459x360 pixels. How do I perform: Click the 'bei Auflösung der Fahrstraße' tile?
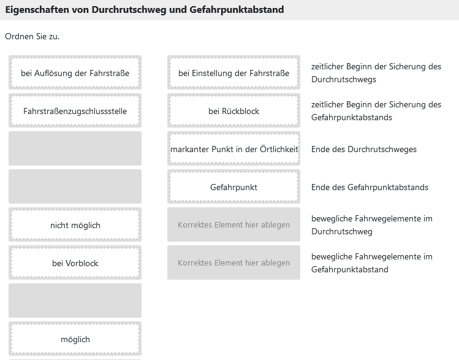(75, 72)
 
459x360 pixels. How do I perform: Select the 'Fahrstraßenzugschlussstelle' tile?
(75, 111)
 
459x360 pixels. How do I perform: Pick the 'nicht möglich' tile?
(75, 225)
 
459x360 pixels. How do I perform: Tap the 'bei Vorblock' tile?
(75, 263)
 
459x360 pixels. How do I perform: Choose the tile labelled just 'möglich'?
(75, 339)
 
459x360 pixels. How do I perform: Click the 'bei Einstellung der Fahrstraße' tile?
(233, 72)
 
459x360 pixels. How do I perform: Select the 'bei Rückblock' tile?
(233, 111)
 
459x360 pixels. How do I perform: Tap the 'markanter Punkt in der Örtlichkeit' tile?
(233, 149)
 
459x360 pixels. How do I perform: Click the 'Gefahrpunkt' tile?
(233, 187)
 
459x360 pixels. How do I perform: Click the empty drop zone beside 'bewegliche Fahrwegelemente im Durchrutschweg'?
(233, 224)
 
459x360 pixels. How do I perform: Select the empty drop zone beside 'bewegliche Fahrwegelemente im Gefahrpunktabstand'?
(233, 262)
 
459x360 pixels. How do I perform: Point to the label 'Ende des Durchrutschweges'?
(364, 149)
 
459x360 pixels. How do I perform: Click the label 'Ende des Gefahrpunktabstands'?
(370, 187)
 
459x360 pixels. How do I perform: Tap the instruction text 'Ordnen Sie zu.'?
(32, 36)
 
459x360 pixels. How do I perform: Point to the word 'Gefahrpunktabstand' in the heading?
(237, 10)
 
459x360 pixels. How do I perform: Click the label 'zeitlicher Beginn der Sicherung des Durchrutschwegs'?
(376, 72)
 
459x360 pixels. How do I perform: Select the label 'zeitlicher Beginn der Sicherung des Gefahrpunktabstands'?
(376, 111)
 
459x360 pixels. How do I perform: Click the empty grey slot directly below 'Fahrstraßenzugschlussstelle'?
(75, 148)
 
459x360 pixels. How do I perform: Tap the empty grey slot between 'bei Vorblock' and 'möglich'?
(75, 301)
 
